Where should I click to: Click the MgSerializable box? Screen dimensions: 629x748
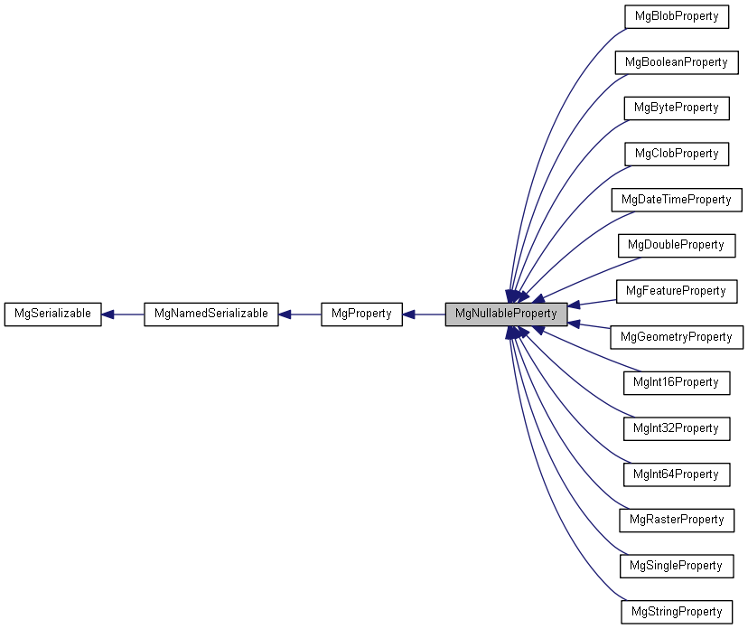52,314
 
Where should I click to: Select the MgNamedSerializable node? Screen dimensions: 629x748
210,314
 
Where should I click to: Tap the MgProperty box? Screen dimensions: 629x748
361,314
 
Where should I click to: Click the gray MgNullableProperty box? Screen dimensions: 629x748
506,314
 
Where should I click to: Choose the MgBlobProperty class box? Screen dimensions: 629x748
676,16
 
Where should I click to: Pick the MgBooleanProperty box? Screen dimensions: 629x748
676,62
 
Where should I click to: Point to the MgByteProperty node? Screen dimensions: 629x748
676,108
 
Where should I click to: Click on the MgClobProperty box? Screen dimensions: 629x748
676,154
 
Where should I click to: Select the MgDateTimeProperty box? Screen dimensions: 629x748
676,199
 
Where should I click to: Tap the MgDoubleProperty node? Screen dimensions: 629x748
676,245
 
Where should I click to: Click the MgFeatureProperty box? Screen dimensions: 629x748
676,291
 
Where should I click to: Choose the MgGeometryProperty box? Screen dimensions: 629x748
676,337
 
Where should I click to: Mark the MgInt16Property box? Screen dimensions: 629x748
676,382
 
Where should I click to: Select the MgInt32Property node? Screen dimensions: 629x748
676,428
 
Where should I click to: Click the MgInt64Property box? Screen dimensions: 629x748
676,474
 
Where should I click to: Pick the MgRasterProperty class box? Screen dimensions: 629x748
676,520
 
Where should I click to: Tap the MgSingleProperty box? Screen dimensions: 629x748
676,566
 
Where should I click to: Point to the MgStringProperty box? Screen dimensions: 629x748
676,612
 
